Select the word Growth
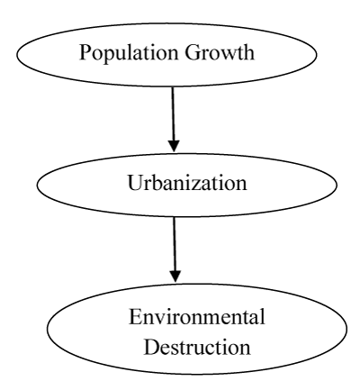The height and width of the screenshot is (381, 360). pyautogui.click(x=220, y=52)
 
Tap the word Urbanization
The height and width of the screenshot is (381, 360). pyautogui.click(x=187, y=182)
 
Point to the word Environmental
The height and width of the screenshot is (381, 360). pyautogui.click(x=197, y=316)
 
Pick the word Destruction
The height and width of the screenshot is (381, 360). pyautogui.click(x=197, y=347)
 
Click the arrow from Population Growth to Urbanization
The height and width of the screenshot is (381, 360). pyautogui.click(x=173, y=119)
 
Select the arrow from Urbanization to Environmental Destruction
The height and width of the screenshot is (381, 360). pyautogui.click(x=175, y=249)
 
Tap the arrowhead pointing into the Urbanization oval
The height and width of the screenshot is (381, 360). pyautogui.click(x=174, y=146)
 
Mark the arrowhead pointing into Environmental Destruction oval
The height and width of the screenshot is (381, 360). pyautogui.click(x=175, y=277)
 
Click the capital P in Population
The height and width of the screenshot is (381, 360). pyautogui.click(x=85, y=52)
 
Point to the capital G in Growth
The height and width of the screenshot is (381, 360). pyautogui.click(x=193, y=52)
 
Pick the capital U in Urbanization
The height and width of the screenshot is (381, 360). pyautogui.click(x=136, y=183)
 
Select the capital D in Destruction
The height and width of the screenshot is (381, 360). pyautogui.click(x=152, y=347)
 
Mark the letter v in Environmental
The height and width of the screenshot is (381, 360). pyautogui.click(x=161, y=320)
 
